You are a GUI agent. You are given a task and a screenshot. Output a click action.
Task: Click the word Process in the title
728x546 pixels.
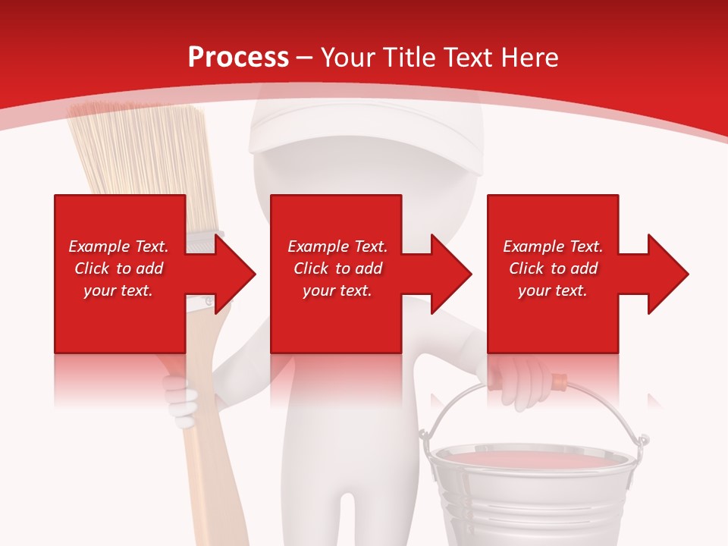(238, 58)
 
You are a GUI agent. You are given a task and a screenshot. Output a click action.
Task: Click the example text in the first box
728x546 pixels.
(119, 268)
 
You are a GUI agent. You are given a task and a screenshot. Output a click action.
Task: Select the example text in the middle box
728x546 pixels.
(337, 268)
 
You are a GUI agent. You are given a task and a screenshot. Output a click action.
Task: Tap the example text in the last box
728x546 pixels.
(553, 268)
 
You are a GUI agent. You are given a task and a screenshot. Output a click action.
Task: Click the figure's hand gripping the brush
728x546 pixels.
(180, 398)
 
